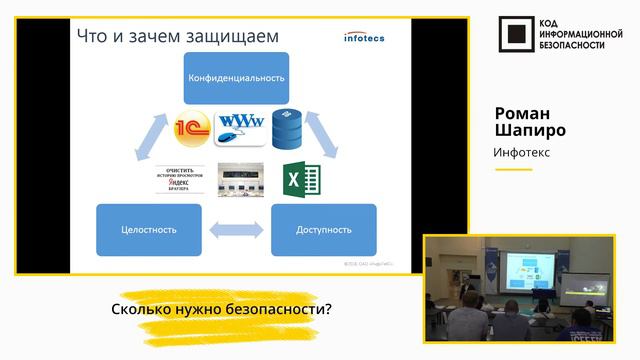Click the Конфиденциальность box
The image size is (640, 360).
tap(236, 77)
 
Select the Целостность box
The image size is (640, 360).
tap(147, 229)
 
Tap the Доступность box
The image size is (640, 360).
tap(323, 229)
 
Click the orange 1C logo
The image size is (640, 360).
tap(190, 129)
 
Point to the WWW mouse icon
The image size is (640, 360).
tap(239, 127)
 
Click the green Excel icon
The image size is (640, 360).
tap(297, 180)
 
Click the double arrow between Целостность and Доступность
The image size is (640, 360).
tap(236, 230)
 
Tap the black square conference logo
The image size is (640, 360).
tap(515, 36)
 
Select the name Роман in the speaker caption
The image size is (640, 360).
tap(520, 111)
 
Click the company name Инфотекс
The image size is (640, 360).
tap(522, 152)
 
